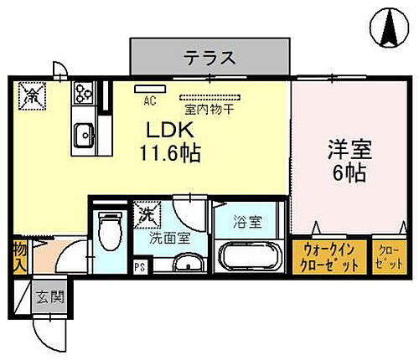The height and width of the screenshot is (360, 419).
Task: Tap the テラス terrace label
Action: click(210, 59)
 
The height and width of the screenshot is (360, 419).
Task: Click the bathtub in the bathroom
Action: click(250, 256)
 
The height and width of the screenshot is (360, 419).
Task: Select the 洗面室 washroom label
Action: click(169, 238)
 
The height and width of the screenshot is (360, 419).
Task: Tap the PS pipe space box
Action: click(141, 268)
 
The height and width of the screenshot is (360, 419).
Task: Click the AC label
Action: click(150, 102)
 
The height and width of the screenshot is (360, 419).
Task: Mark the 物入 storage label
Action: click(18, 258)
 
